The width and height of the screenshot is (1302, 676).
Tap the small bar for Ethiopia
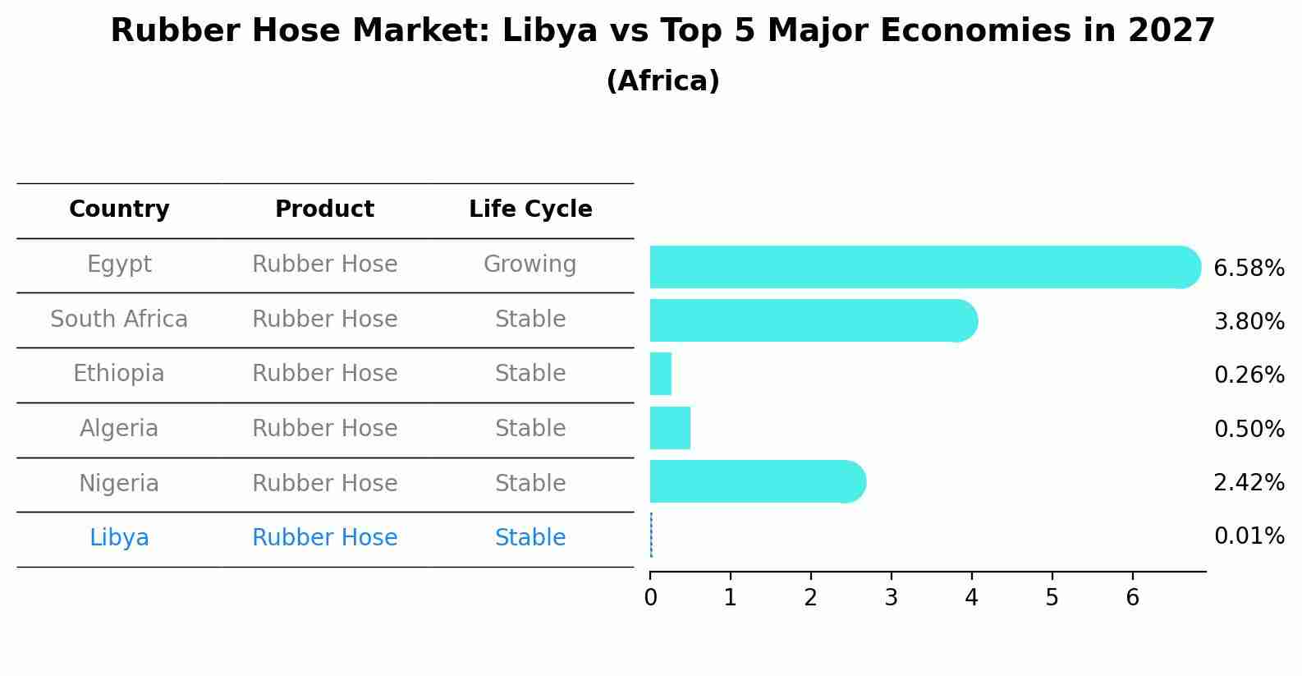point(661,374)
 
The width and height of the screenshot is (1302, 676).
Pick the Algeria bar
point(670,428)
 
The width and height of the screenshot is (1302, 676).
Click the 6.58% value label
point(1249,269)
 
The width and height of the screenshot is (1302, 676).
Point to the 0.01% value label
point(1249,536)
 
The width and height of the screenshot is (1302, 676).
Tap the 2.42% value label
point(1249,483)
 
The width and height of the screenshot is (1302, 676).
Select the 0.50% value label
point(1249,429)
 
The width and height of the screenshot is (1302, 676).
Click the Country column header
point(119,209)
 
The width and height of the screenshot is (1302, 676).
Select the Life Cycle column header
point(530,209)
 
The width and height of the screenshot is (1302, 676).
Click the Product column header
point(324,209)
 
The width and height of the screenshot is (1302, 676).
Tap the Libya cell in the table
point(119,538)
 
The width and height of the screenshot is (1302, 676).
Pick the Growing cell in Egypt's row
point(530,264)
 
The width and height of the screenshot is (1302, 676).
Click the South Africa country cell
point(119,319)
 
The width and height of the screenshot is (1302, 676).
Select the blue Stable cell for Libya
point(530,538)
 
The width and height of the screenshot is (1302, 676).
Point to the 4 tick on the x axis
point(972,597)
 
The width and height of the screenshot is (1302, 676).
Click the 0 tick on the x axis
point(650,597)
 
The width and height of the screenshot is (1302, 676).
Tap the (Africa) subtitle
point(662,81)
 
